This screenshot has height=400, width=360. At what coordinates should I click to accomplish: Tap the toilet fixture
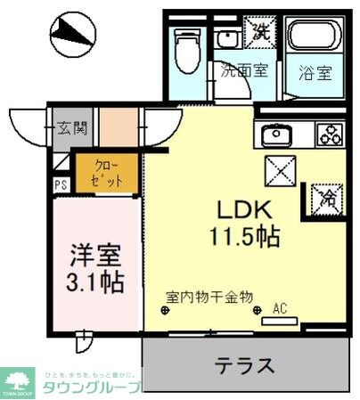coord(188,49)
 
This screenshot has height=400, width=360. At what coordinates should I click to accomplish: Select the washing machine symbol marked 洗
coord(259,31)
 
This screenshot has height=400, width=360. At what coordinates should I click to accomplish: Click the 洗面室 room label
coord(244,71)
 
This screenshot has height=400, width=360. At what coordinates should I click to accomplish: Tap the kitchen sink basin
coord(274,135)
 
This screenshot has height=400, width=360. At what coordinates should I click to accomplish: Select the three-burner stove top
coord(328,135)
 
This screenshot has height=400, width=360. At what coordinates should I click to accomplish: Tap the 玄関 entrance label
coord(72,128)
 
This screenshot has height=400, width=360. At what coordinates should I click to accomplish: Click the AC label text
coord(280,309)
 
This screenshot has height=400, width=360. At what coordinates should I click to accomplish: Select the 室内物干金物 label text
coord(210,297)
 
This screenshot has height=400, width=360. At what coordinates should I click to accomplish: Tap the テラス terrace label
coord(243,364)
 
